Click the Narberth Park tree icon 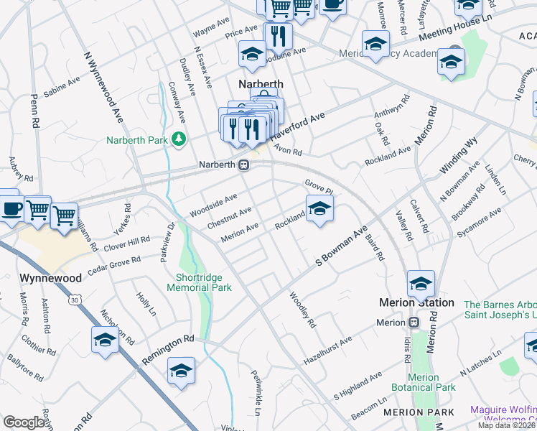pyautogui.click(x=178, y=139)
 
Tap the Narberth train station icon pyautogui.click(x=244, y=165)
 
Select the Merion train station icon pyautogui.click(x=414, y=323)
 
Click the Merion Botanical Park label pyautogui.click(x=431, y=382)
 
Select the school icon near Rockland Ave pyautogui.click(x=320, y=209)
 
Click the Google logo pyautogui.click(x=24, y=422)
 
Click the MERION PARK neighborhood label pyautogui.click(x=419, y=412)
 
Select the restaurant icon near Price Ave pyautogui.click(x=277, y=35)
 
